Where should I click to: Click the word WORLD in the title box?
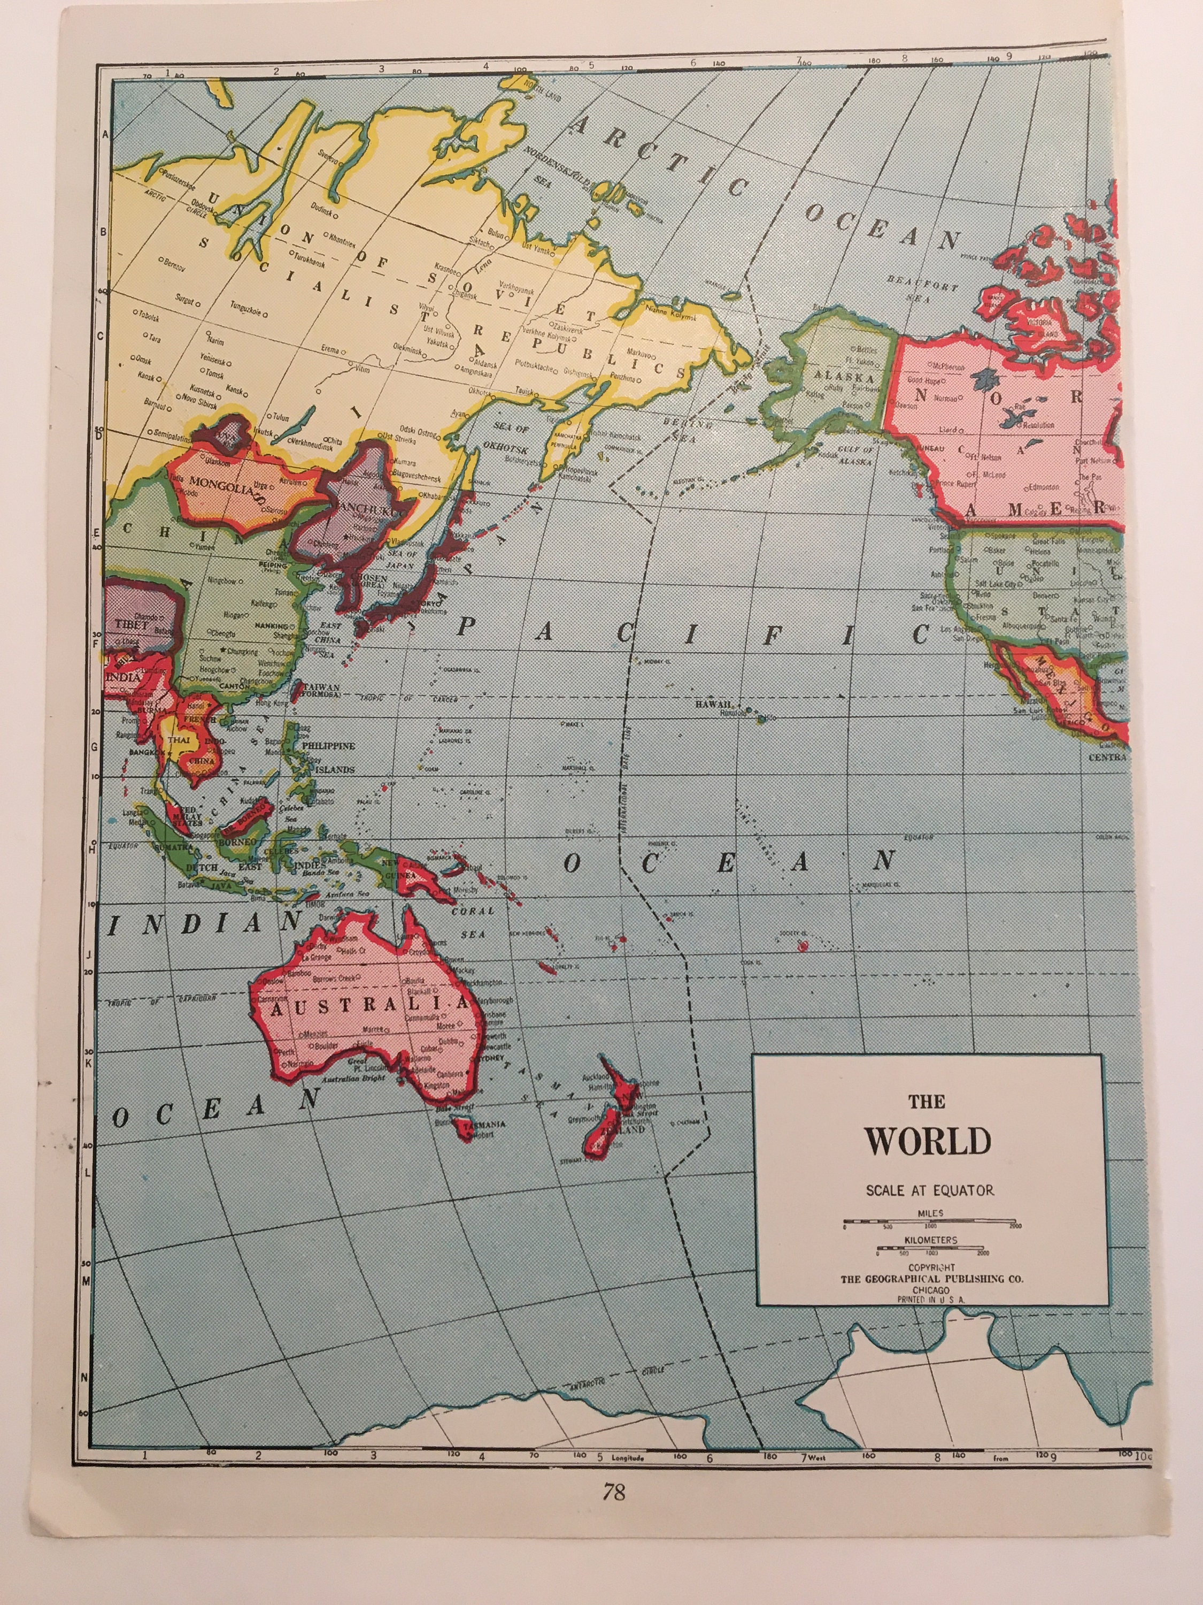pos(927,1141)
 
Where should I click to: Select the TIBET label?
pos(130,623)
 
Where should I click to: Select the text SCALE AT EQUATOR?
pos(929,1190)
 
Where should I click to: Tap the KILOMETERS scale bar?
pos(932,1249)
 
